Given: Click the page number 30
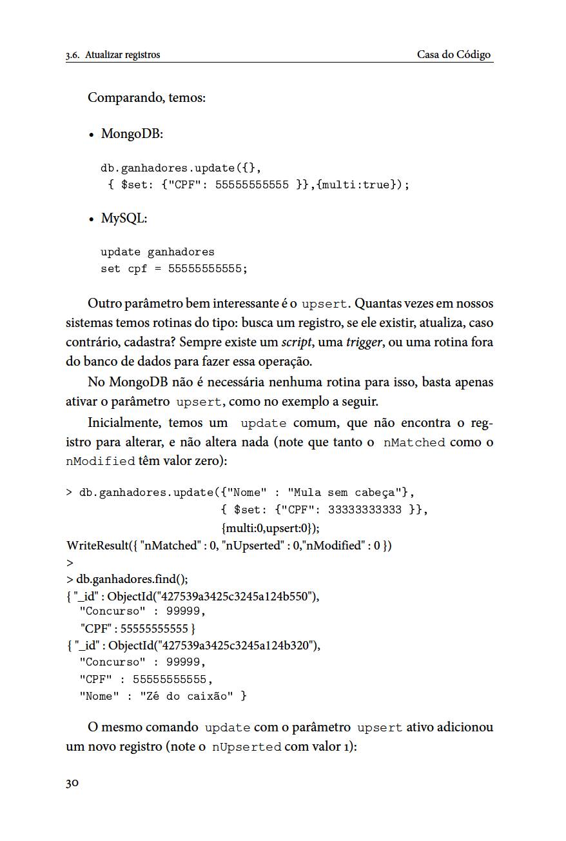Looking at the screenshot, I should pos(72,784).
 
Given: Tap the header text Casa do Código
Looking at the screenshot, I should pos(454,55).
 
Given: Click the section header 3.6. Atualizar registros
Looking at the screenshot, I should pos(113,55).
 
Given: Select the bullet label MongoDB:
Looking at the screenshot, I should pos(132,134).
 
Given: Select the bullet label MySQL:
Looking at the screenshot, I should pos(124,219).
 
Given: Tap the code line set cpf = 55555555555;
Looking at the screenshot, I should pos(174,269).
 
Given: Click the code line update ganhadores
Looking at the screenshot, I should pos(157,252).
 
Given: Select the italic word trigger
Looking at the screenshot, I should pos(364,342).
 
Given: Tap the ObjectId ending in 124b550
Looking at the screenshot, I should pos(213,596).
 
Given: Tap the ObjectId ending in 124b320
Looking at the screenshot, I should pos(213,646).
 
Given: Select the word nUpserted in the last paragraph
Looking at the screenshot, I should pos(246,747).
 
